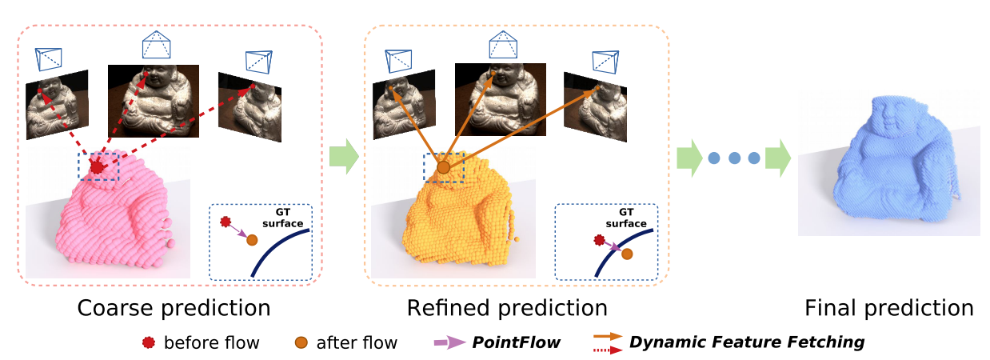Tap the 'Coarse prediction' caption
[x=174, y=308]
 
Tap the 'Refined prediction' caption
[x=507, y=308]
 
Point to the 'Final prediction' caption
[x=888, y=308]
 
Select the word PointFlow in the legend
[x=515, y=343]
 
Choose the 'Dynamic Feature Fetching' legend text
[x=747, y=342]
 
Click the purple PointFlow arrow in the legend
[x=449, y=343]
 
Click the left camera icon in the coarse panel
[x=48, y=58]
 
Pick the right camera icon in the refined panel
[x=604, y=61]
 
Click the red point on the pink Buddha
[x=98, y=166]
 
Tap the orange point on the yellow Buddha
[x=443, y=167]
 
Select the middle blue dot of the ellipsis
[x=734, y=158]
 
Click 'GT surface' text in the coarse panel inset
[x=285, y=218]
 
